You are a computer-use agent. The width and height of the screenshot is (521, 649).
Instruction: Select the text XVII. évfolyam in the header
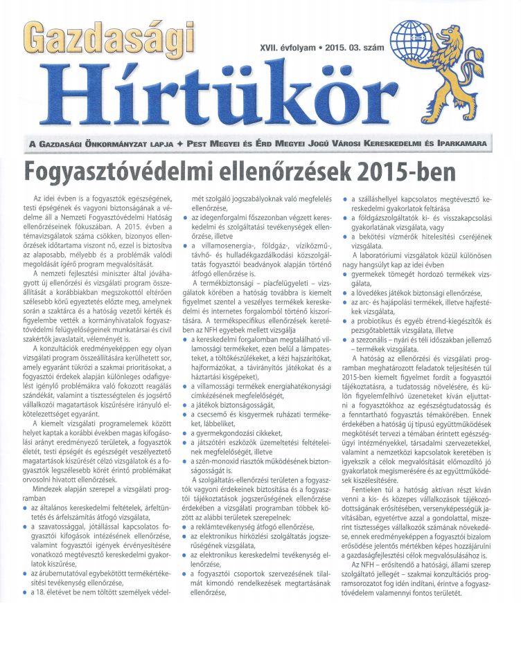[285, 50]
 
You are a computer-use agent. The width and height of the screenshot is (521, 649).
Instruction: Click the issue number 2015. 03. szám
[355, 50]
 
